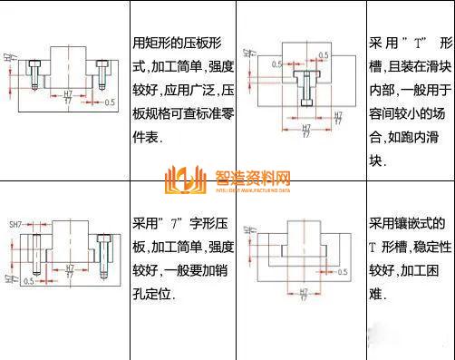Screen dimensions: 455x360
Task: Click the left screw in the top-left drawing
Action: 33,73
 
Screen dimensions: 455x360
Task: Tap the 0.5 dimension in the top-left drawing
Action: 111,102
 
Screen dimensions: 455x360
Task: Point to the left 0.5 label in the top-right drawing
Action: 276,64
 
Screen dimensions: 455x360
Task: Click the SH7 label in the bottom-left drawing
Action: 15,223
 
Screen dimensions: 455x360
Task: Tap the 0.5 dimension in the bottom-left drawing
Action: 28,282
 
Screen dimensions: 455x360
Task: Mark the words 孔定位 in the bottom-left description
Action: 156,294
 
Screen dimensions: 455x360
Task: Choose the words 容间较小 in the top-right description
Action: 402,116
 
